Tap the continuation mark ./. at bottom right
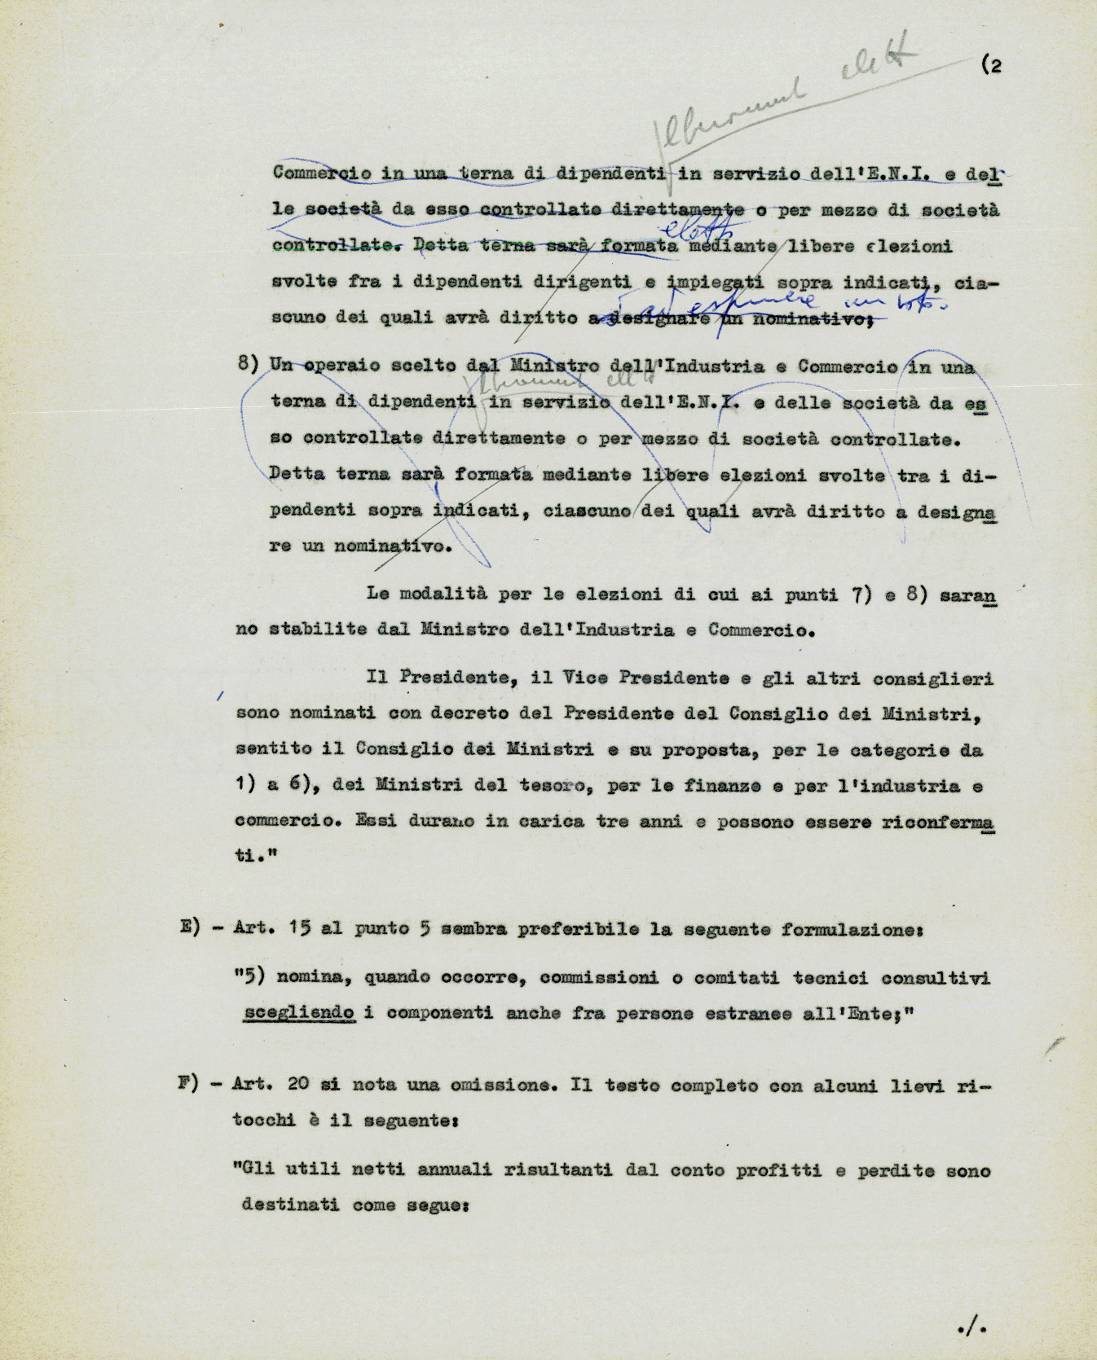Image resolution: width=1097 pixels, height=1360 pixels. coord(971,1329)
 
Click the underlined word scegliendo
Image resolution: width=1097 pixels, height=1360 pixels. coord(299,1013)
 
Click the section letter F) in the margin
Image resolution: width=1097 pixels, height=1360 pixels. coord(189,1084)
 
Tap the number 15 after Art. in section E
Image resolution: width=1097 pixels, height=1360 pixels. coord(299,928)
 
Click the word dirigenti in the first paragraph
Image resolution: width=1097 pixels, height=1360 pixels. coord(582,282)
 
